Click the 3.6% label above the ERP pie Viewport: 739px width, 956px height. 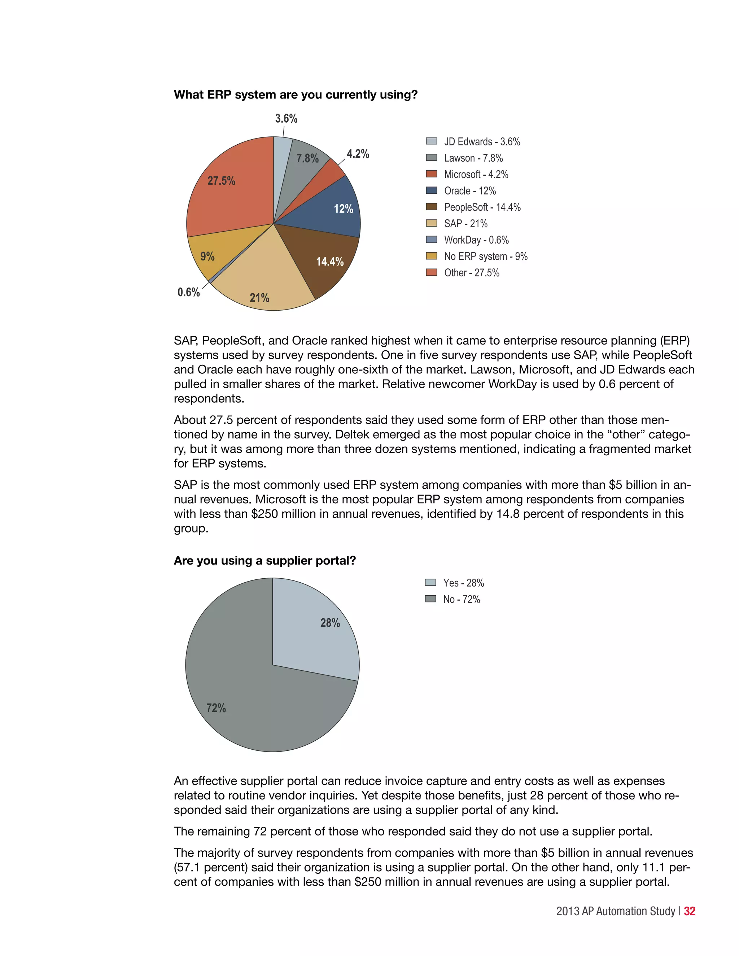pos(286,119)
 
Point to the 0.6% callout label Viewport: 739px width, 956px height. pos(189,292)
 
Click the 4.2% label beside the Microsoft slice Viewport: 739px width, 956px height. pos(358,154)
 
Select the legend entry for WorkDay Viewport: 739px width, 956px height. pos(476,240)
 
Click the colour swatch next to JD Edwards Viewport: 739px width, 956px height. pos(431,141)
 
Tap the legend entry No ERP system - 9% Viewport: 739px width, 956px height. pos(485,256)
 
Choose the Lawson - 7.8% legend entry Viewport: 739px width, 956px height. pos(473,158)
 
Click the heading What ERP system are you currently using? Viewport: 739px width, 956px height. pos(296,95)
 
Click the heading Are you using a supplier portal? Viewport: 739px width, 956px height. pos(264,561)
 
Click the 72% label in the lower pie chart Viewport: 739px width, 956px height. pos(216,708)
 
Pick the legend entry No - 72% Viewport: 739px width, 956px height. pos(461,599)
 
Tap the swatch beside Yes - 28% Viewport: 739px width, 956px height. pos(430,583)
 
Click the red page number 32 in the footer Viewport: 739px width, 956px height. pos(690,911)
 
